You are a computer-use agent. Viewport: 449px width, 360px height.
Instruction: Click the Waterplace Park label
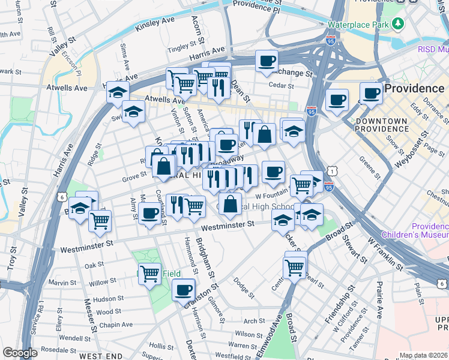[359, 25]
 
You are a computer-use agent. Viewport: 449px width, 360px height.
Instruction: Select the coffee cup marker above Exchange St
[267, 61]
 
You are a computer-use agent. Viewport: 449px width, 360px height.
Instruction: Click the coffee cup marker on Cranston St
[184, 291]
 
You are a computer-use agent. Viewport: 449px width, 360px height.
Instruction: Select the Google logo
[20, 353]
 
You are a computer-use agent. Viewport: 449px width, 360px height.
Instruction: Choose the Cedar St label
[280, 85]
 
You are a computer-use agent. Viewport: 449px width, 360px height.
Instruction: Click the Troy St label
[11, 256]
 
